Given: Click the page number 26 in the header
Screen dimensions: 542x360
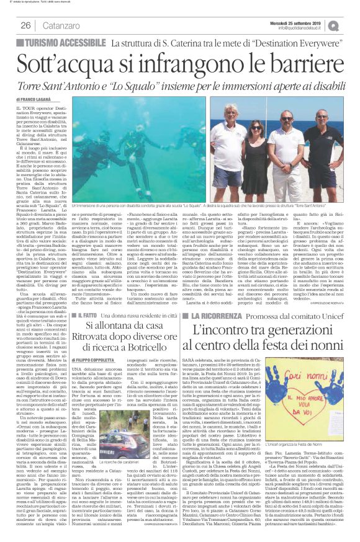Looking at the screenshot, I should [26, 25].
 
